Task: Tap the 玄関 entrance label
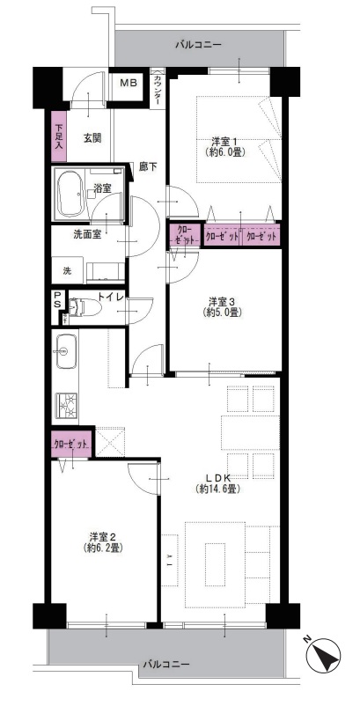[x=92, y=138]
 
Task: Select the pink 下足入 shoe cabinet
[x=59, y=136]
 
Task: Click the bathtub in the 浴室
[x=70, y=193]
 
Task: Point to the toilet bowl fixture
[x=85, y=307]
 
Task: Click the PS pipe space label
[x=57, y=300]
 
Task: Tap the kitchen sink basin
[x=66, y=351]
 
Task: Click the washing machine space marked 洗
[x=67, y=270]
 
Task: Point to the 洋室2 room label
[x=103, y=537]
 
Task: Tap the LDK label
[x=217, y=478]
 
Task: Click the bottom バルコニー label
[x=166, y=664]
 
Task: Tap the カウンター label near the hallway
[x=157, y=90]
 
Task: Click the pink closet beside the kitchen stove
[x=71, y=444]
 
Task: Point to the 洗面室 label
[x=87, y=234]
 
